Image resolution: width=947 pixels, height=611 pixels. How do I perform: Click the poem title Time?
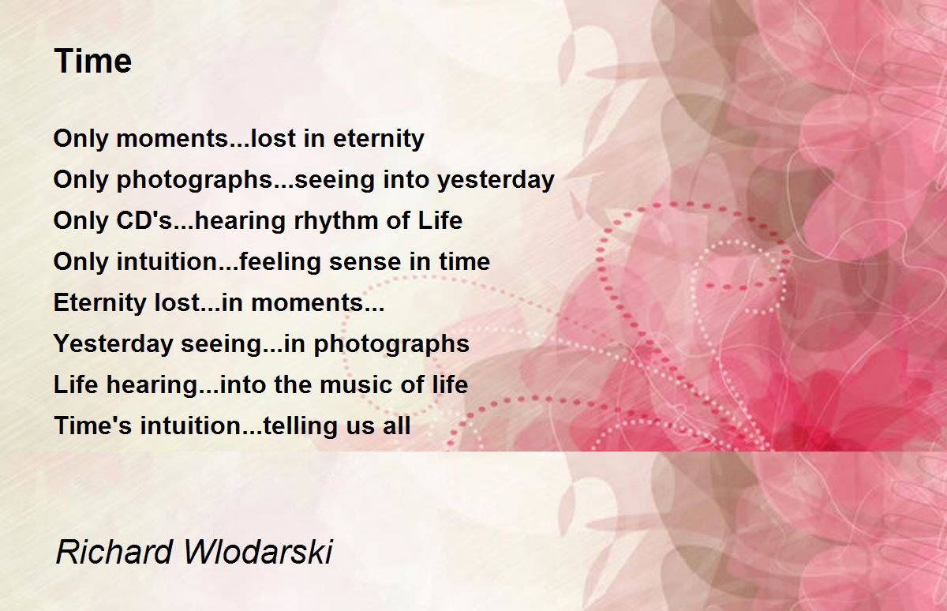pos(93,61)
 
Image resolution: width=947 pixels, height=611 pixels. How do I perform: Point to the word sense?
pos(365,262)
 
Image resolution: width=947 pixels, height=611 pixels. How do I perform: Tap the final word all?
pos(396,425)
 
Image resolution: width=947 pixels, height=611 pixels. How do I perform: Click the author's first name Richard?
pos(114,552)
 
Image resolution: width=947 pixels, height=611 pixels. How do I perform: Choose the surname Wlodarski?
pos(258,552)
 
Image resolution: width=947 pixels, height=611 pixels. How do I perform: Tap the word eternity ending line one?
pos(378,139)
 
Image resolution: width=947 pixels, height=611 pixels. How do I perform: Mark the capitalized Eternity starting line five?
pos(100,302)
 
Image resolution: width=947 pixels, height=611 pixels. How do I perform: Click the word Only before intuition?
pos(80,261)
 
